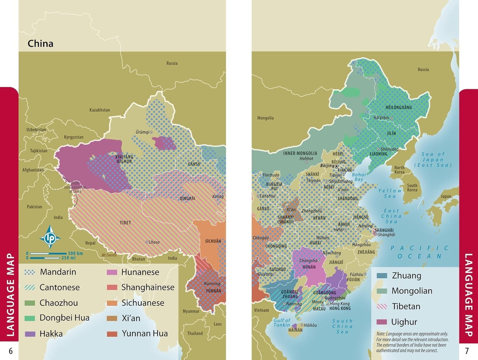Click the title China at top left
40,43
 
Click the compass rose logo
50,237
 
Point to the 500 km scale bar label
75,253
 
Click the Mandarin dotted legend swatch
30,272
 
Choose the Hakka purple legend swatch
30,334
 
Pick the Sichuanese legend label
143,303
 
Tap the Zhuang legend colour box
382,276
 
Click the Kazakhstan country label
100,110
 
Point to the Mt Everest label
109,255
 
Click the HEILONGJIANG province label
399,108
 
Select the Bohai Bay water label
359,177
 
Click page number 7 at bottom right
467,351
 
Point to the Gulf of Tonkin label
282,323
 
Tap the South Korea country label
412,188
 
